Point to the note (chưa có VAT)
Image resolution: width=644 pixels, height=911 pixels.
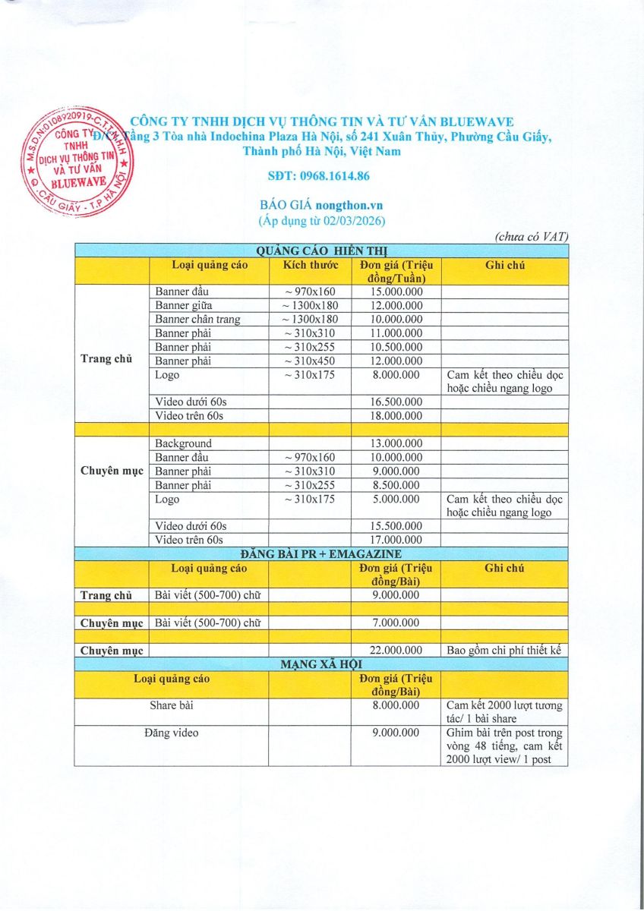coord(532,237)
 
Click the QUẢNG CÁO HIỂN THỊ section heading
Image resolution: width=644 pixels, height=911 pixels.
coord(321,251)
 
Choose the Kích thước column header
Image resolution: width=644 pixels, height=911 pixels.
coord(310,265)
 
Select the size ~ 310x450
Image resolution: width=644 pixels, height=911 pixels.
coord(310,361)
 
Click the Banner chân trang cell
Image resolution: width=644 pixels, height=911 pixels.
coord(197,319)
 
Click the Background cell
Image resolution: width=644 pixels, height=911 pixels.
coord(183,443)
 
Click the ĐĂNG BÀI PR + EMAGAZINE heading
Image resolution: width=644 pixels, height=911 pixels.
coord(321,554)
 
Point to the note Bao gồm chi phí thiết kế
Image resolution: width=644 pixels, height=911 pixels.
coord(505,650)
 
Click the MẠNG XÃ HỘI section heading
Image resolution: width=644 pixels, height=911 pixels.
coord(321,664)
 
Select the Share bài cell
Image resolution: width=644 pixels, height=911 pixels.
coord(171,705)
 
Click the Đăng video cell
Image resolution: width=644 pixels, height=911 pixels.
coord(171,733)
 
